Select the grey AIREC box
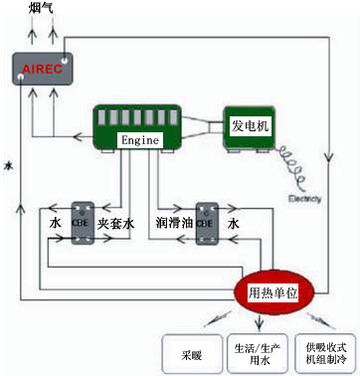click(x=41, y=69)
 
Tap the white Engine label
click(x=138, y=140)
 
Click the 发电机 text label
click(x=251, y=126)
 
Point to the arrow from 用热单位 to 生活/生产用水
click(x=261, y=320)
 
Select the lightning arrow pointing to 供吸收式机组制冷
click(x=315, y=320)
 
